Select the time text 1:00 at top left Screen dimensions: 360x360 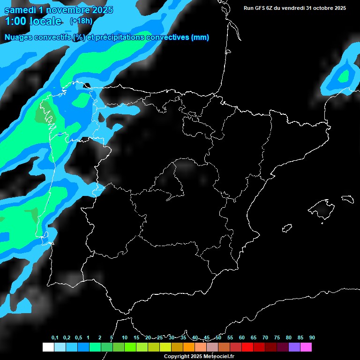coord(15,21)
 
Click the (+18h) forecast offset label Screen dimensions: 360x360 coord(81,21)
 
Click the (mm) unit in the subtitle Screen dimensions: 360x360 coord(200,37)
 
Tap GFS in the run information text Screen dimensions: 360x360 coord(261,8)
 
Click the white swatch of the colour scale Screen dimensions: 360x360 coord(48,347)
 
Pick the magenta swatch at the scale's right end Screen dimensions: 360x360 coord(306,347)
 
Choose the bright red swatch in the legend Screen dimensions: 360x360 coord(247,347)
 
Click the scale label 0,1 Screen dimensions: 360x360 coord(55,338)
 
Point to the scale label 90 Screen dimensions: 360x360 coord(312,338)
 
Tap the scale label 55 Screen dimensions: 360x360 coord(230,338)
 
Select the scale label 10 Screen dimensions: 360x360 coord(125,338)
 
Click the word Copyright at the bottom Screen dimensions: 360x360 coord(176,356)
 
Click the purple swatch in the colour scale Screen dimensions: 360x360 coord(294,347)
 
